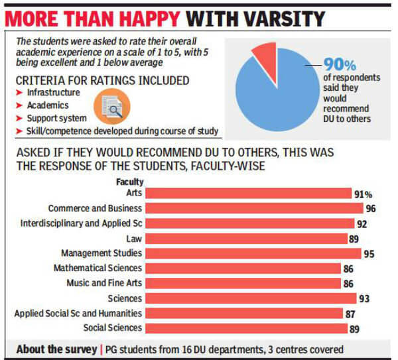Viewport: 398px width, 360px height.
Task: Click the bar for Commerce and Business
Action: pos(251,208)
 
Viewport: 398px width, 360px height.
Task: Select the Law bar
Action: pos(246,238)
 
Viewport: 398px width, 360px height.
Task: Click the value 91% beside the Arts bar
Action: pos(363,194)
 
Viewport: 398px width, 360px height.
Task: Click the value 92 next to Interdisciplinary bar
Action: pos(362,223)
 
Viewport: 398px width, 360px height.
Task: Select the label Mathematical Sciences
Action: pos(98,268)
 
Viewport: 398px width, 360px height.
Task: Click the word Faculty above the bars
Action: pos(129,182)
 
